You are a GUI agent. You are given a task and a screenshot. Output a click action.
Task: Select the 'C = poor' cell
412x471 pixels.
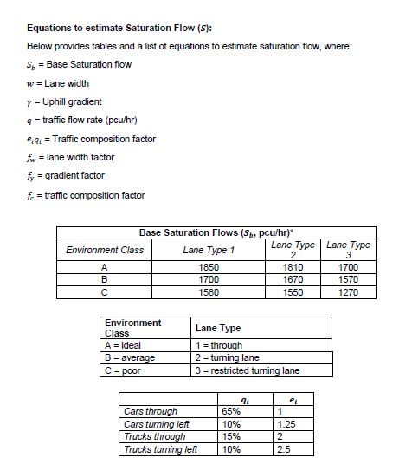coord(125,370)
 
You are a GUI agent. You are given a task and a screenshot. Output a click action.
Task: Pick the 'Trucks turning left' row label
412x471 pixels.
coord(160,449)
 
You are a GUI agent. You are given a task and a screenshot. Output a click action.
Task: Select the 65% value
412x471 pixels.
coord(231,411)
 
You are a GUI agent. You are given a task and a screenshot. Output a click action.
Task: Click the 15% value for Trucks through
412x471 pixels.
coord(231,436)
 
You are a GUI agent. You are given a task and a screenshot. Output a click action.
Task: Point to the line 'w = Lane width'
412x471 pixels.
coord(61,83)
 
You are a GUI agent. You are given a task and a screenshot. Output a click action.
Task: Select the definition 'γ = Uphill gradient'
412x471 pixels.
coord(68,102)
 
